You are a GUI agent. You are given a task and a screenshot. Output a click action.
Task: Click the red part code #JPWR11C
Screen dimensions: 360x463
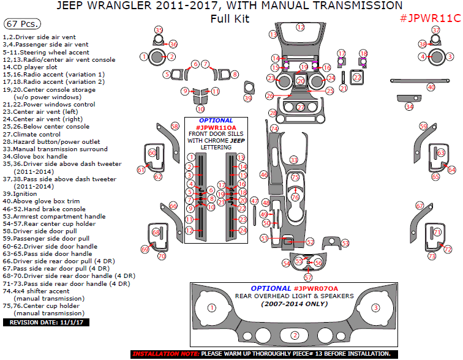pyautogui.click(x=429, y=18)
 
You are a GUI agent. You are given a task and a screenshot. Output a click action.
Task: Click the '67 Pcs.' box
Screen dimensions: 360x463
pyautogui.click(x=22, y=24)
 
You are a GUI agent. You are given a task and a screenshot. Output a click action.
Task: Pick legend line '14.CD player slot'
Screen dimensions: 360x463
pyautogui.click(x=33, y=67)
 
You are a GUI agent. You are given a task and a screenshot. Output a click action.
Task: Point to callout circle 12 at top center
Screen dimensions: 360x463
pyautogui.click(x=300, y=27)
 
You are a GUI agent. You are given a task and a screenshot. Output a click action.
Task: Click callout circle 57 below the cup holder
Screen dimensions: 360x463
pyautogui.click(x=308, y=277)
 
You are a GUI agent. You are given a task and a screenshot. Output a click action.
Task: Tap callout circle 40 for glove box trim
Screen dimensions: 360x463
pyautogui.click(x=431, y=88)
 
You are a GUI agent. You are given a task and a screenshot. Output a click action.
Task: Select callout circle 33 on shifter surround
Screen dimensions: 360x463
pyautogui.click(x=294, y=160)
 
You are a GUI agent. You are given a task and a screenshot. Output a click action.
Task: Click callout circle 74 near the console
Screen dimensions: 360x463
pyautogui.click(x=274, y=129)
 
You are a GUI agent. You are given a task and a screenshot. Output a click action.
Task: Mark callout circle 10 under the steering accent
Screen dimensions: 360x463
pyautogui.click(x=200, y=108)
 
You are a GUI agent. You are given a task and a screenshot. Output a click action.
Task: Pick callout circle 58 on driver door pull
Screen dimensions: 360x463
pyautogui.click(x=175, y=126)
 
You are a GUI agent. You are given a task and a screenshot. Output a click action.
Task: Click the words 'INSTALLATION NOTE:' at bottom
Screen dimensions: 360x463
pyautogui.click(x=164, y=354)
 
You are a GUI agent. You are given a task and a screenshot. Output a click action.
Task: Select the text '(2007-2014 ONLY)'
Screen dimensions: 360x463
pyautogui.click(x=294, y=304)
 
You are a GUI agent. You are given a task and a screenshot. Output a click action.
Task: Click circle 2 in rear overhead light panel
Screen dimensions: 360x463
pyautogui.click(x=295, y=335)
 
